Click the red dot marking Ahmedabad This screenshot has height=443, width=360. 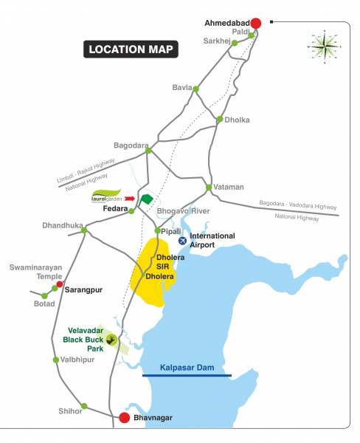(x=256, y=23)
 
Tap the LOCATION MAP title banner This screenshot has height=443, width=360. (x=131, y=50)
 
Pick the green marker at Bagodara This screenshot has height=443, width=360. (x=148, y=150)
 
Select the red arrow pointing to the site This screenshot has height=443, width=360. (x=131, y=199)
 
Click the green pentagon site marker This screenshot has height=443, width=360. (x=147, y=199)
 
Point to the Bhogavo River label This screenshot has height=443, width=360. (x=184, y=211)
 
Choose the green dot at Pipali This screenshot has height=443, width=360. (x=156, y=231)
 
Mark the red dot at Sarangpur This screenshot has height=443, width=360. (x=60, y=285)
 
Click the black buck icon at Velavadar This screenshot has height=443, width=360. (x=111, y=340)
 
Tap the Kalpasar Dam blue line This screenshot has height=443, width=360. (x=187, y=376)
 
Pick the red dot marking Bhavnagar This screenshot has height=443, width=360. (x=125, y=418)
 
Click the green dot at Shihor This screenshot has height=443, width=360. (x=84, y=406)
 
